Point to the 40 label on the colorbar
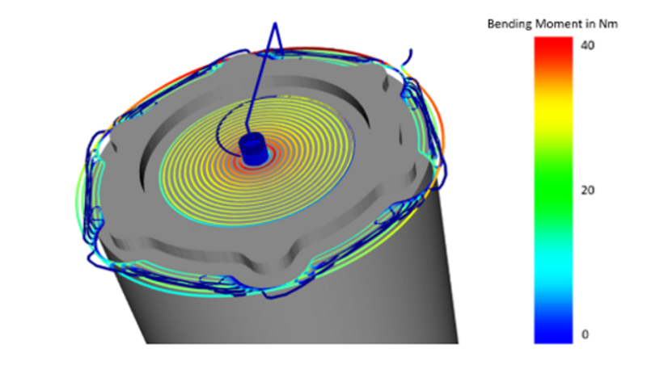[587, 45]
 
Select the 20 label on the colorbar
[588, 190]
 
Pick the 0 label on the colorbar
[585, 334]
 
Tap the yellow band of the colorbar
[553, 120]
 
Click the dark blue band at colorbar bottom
[553, 329]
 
